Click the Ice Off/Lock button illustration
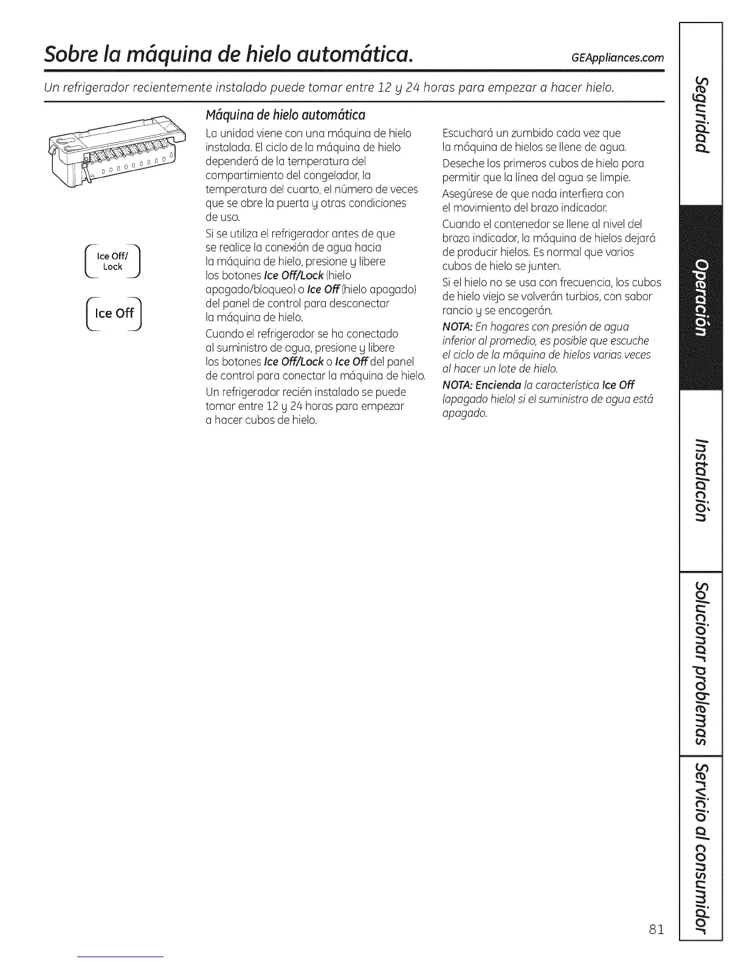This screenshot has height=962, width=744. tap(113, 262)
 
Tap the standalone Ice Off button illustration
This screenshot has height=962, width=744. tap(114, 313)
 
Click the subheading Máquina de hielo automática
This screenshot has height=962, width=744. tap(285, 114)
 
